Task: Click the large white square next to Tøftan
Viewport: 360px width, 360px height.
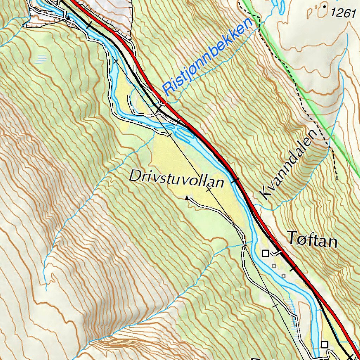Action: coord(265,253)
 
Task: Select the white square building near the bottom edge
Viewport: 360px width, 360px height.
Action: coord(324,345)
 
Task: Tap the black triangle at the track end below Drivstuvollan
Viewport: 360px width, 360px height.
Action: coord(187,198)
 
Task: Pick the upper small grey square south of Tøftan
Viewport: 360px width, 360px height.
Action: coord(274,266)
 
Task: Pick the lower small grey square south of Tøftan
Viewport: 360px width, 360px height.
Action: coord(283,275)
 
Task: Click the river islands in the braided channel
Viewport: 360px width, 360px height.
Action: coord(181,132)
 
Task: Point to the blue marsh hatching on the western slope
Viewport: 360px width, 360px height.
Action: coord(41,59)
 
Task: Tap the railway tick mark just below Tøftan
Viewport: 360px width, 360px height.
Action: coord(293,269)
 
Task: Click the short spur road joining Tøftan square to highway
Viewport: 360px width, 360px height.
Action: coord(278,252)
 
